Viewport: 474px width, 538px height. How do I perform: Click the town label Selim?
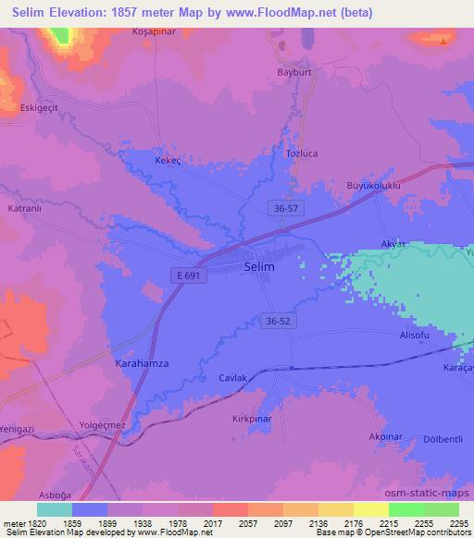tap(259, 266)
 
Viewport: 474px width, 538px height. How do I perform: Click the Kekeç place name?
tap(169, 159)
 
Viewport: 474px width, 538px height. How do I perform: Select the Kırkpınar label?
tap(251, 419)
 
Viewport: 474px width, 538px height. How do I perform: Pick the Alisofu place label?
tap(416, 336)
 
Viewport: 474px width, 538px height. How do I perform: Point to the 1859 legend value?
tap(89, 523)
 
